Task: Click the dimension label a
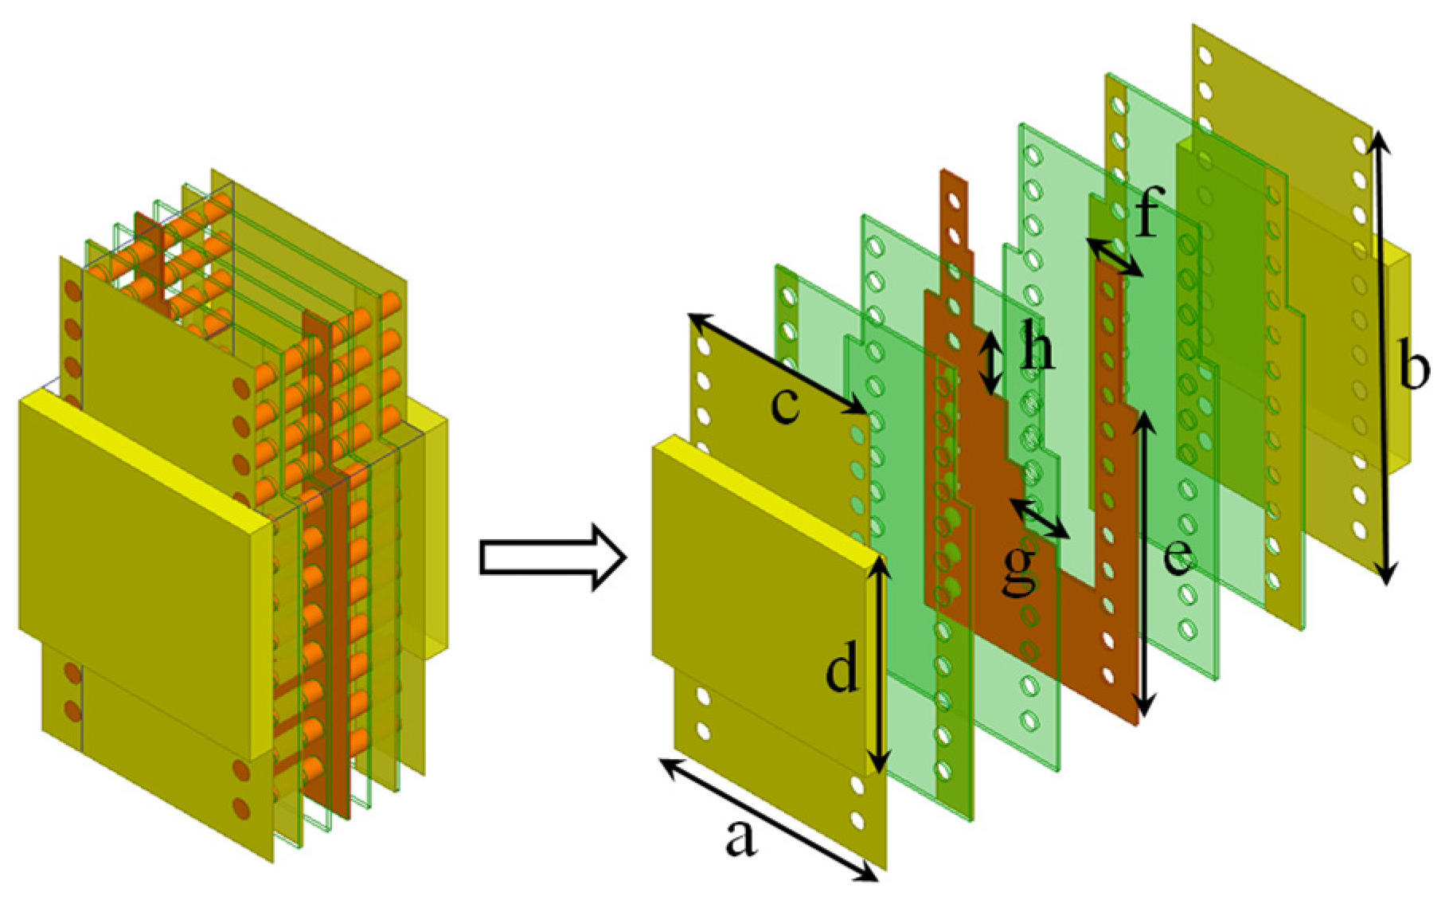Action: tap(740, 838)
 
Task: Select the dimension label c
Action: tap(785, 405)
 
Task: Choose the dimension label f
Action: tap(1146, 215)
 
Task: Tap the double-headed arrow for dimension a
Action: tap(769, 820)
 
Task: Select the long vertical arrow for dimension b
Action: tap(1383, 358)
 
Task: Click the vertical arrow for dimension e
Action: tap(1145, 562)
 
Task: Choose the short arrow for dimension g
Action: tap(1040, 519)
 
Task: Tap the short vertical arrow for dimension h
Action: tap(990, 362)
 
